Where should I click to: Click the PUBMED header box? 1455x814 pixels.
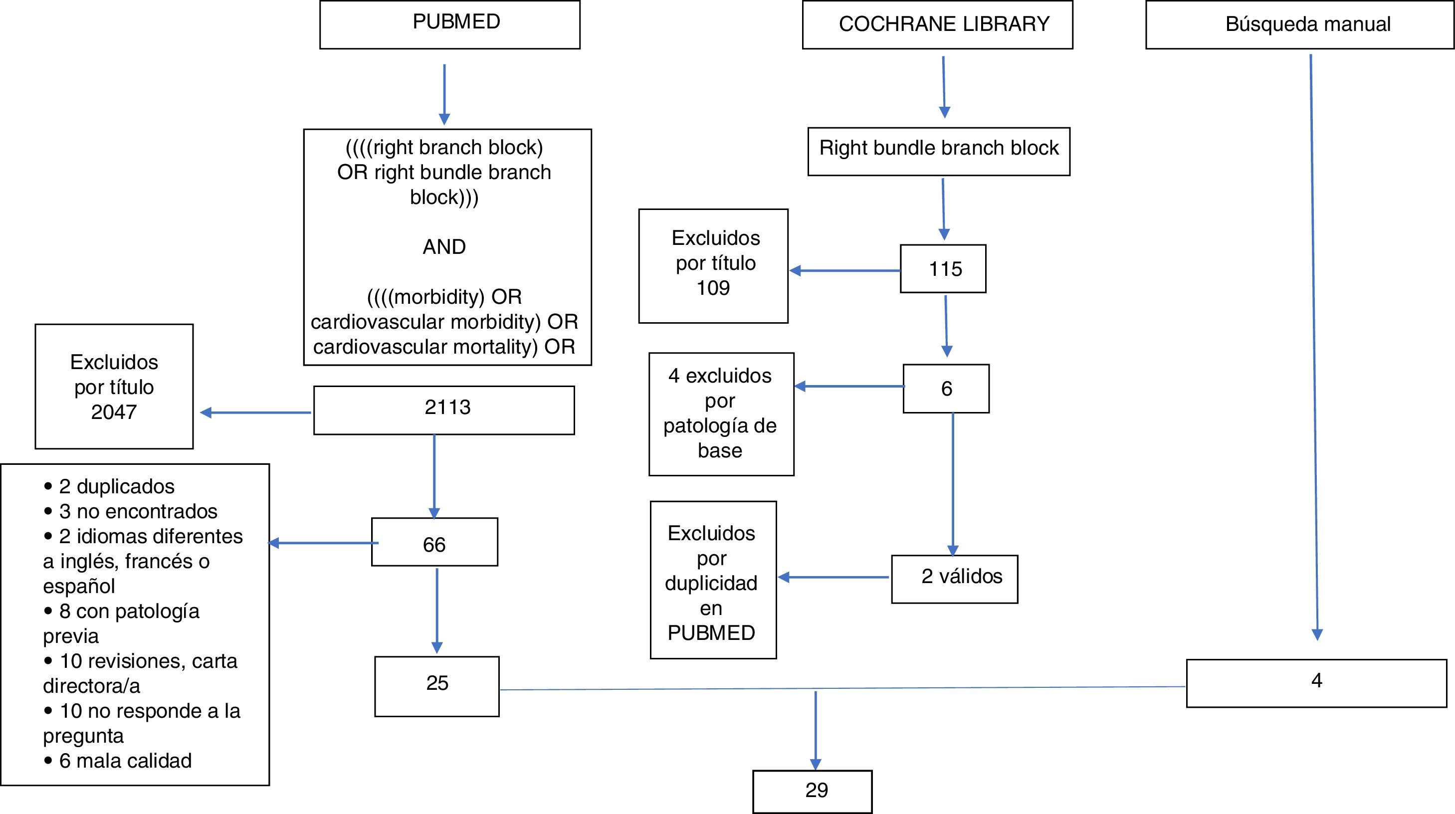click(x=449, y=24)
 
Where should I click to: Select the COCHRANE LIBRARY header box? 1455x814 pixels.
click(x=937, y=25)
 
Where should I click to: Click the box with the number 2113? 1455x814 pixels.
click(x=444, y=409)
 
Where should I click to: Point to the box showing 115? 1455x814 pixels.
click(x=943, y=268)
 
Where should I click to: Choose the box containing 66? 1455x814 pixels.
click(x=434, y=542)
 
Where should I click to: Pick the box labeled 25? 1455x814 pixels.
click(x=436, y=686)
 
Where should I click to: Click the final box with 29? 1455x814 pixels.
click(x=812, y=792)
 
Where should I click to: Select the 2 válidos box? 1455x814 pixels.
click(x=955, y=579)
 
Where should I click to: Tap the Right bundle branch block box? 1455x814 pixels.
click(x=939, y=152)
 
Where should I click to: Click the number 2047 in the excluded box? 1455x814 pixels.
click(x=114, y=412)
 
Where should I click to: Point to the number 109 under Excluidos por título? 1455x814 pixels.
click(x=713, y=288)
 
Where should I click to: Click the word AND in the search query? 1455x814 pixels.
click(x=444, y=247)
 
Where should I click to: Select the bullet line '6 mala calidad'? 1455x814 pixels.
click(x=125, y=761)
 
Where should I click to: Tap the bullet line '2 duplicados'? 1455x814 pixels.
click(x=116, y=486)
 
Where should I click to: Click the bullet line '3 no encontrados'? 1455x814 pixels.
click(x=138, y=511)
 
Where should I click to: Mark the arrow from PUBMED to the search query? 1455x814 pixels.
click(x=444, y=93)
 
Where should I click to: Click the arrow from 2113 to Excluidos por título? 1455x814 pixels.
click(x=256, y=413)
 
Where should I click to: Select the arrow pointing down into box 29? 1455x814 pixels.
click(x=816, y=730)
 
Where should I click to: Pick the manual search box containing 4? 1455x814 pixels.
click(x=1316, y=683)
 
